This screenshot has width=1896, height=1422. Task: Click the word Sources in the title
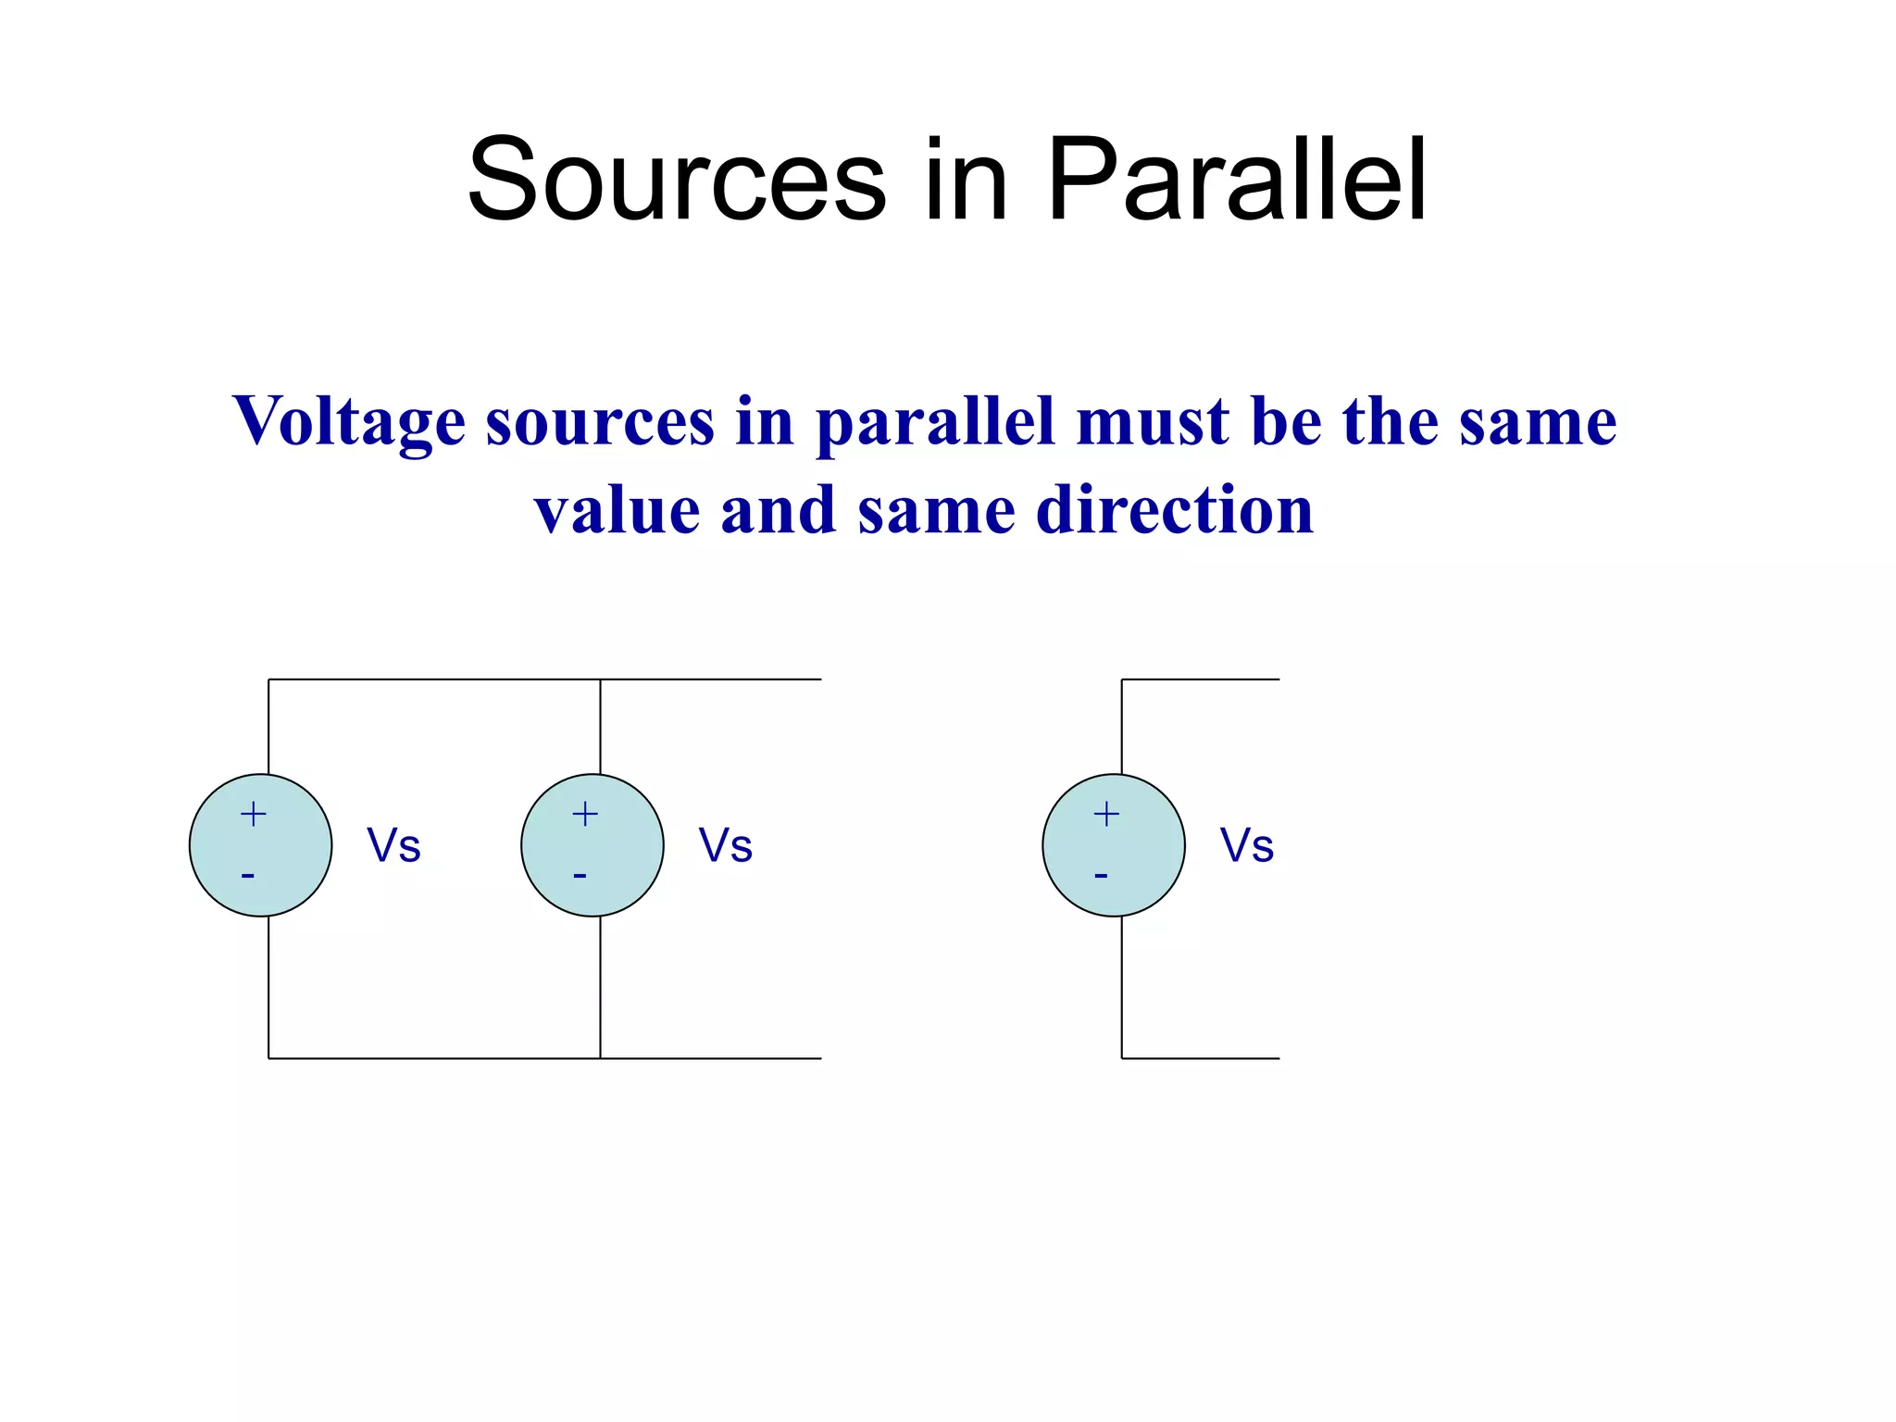click(x=677, y=180)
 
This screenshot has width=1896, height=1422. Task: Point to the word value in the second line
click(x=617, y=510)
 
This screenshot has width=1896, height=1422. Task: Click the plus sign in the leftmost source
click(x=253, y=815)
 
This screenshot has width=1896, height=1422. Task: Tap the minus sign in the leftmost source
click(x=248, y=875)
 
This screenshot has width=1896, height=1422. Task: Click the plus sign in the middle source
click(x=584, y=815)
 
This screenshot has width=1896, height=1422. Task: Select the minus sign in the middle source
click(x=580, y=875)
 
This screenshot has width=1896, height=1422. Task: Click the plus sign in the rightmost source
click(x=1106, y=815)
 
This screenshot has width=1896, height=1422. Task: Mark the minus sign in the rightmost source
click(x=1101, y=875)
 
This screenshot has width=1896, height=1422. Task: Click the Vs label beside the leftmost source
click(x=393, y=845)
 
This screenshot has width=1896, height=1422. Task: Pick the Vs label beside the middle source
click(x=725, y=845)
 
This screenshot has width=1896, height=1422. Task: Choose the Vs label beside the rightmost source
click(x=1246, y=845)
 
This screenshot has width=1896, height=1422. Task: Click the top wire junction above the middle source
click(x=600, y=680)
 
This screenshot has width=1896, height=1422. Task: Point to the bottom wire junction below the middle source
click(x=600, y=1058)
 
